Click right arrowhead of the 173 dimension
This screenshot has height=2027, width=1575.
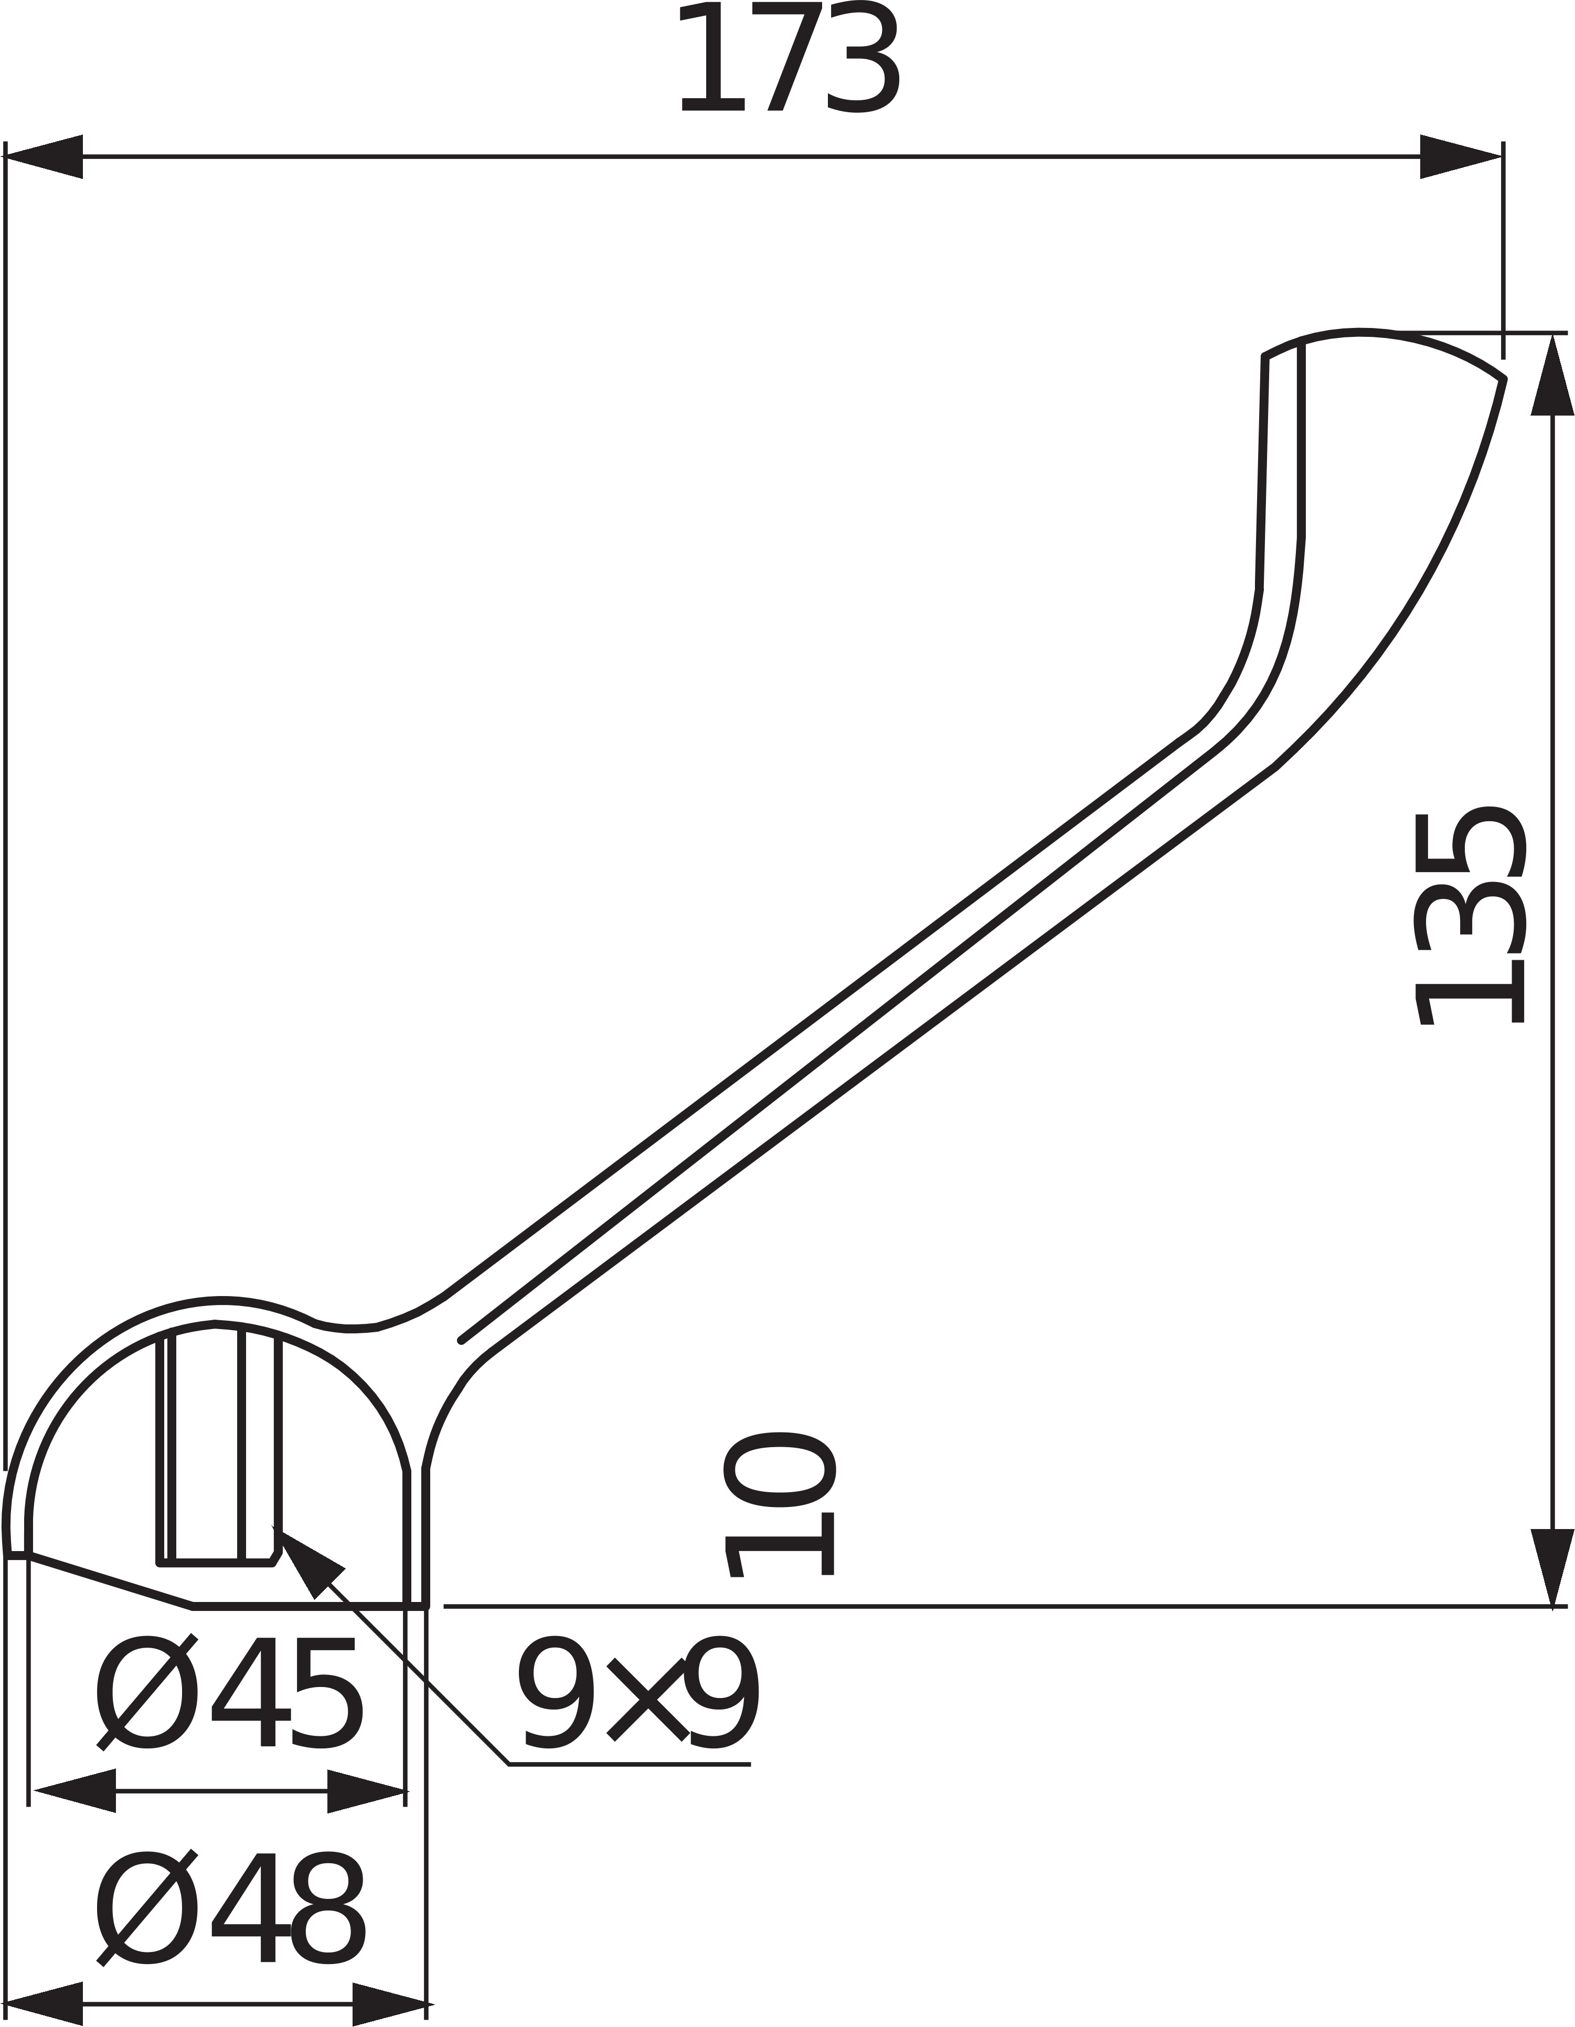pyautogui.click(x=1460, y=157)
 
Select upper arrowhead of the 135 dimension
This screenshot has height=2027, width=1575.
pyautogui.click(x=1552, y=376)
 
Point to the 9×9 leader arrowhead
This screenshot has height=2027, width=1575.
pyautogui.click(x=306, y=1559)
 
